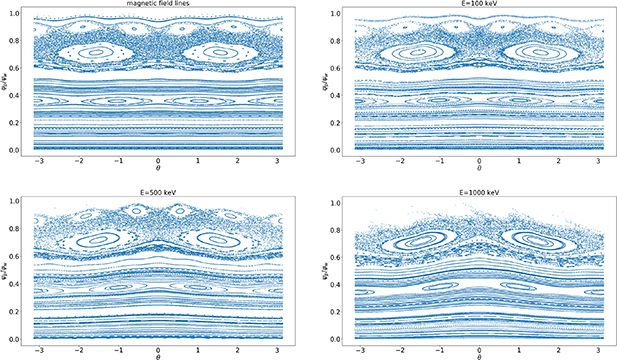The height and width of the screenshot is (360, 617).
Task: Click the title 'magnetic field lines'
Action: tap(157, 4)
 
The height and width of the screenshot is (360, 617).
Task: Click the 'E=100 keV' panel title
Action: tap(480, 4)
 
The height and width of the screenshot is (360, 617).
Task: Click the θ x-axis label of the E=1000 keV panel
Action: tap(480, 355)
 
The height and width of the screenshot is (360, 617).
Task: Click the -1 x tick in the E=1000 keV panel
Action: tap(441, 345)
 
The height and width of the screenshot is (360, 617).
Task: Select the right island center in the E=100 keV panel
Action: tap(537, 52)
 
